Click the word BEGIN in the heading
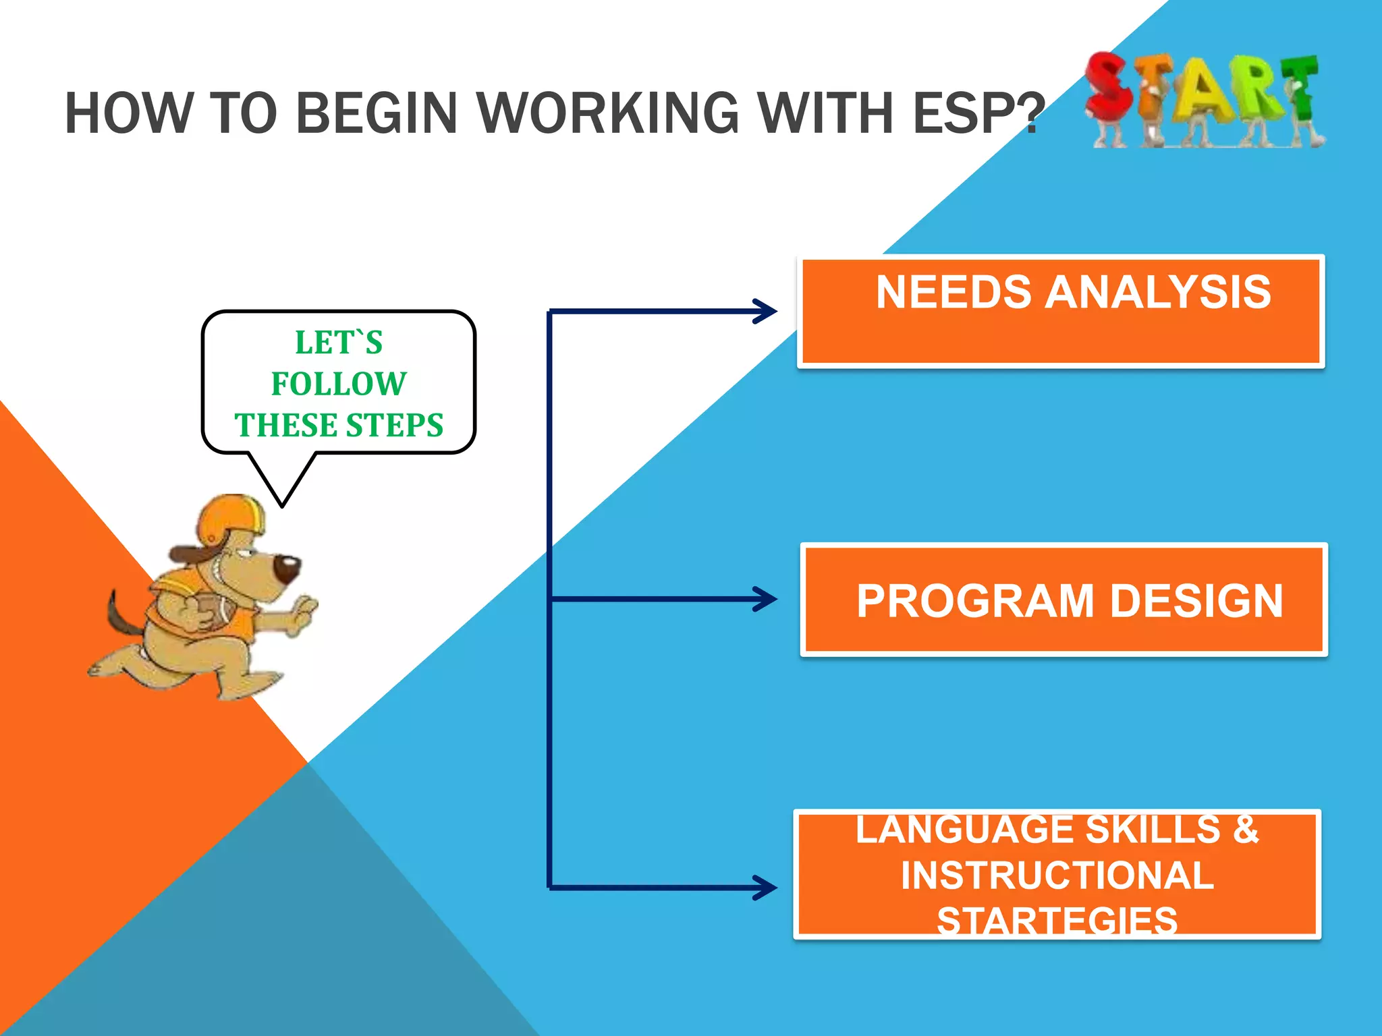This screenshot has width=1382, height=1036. [x=377, y=113]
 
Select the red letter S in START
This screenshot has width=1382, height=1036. [x=1109, y=91]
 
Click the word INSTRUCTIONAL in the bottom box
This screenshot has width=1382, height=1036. [x=1057, y=875]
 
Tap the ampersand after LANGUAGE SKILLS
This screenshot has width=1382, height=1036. [x=1246, y=830]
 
